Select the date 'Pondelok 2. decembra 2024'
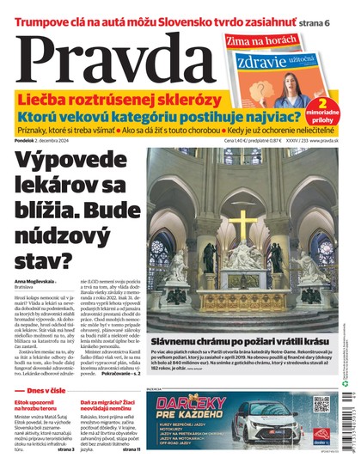click(x=52, y=141)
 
